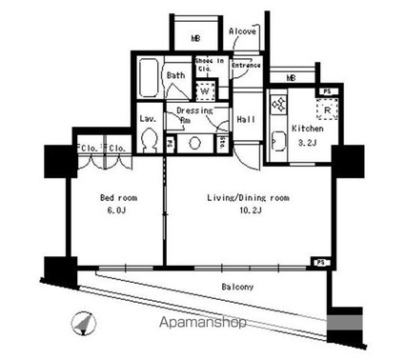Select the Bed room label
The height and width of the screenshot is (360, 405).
tap(121, 198)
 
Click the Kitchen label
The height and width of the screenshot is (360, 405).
tap(307, 127)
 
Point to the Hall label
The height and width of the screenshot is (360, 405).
tap(245, 119)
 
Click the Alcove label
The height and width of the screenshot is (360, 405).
tap(242, 31)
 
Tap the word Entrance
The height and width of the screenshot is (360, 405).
tap(246, 65)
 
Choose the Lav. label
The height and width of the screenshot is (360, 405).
tap(148, 119)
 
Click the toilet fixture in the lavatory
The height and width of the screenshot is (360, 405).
tap(148, 141)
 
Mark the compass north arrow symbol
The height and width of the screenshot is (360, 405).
tap(83, 322)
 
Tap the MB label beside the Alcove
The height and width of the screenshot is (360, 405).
tap(194, 39)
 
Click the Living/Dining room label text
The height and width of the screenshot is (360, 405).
tap(248, 198)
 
